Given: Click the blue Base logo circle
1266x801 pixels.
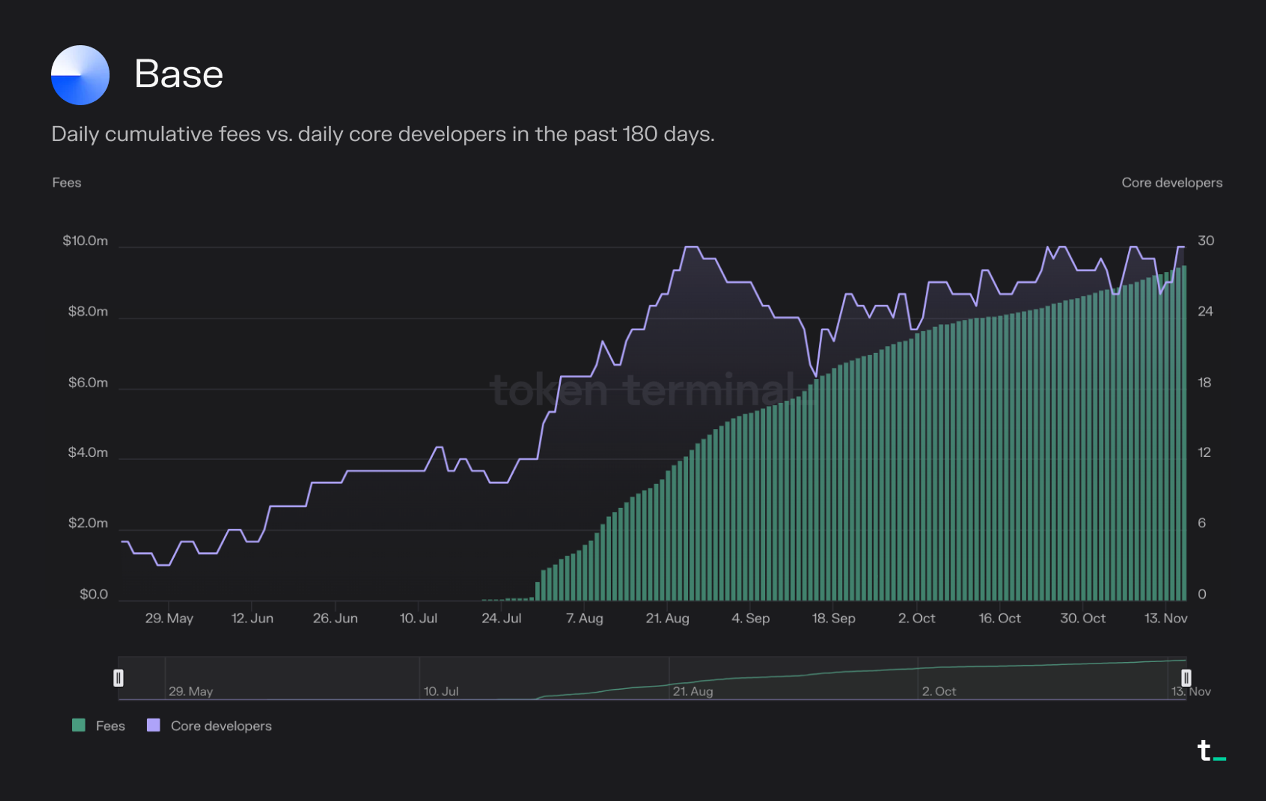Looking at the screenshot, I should click(x=80, y=75).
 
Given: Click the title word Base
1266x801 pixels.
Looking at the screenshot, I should click(x=178, y=74).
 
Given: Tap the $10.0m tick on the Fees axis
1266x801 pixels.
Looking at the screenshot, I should click(x=85, y=241).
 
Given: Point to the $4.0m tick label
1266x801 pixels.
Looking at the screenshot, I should click(x=88, y=452).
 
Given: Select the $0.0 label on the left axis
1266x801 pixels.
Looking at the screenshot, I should click(x=93, y=594).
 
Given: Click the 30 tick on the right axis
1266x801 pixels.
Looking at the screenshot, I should click(x=1206, y=241).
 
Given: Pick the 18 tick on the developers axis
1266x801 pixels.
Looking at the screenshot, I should click(x=1204, y=383).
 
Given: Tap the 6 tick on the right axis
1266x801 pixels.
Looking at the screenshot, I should click(x=1202, y=523).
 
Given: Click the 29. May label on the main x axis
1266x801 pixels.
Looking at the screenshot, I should click(x=169, y=618).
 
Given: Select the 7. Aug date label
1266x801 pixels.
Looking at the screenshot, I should click(x=584, y=618).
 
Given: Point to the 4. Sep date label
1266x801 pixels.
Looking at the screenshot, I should click(x=750, y=618).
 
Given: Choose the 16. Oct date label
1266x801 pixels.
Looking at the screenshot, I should click(x=1000, y=618).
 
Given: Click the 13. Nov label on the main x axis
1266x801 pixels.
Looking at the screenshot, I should click(x=1166, y=618).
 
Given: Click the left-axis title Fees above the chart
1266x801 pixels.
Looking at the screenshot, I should click(x=66, y=183).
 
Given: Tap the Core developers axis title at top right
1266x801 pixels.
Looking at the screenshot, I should click(x=1172, y=183).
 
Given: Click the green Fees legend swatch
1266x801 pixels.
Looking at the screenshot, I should click(x=79, y=725).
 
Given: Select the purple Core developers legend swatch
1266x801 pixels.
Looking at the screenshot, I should click(x=154, y=725).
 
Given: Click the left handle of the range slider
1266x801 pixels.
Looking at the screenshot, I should click(x=118, y=678).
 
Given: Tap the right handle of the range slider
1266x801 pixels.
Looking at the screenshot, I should click(x=1186, y=678).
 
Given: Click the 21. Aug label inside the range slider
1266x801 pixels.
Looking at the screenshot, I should click(x=693, y=691).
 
